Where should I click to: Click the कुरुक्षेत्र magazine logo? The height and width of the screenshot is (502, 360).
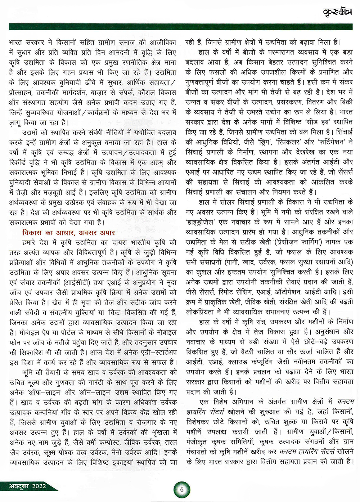click(337, 12)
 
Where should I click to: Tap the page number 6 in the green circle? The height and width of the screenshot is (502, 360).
click(182, 489)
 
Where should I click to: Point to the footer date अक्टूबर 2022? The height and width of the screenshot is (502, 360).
click(28, 486)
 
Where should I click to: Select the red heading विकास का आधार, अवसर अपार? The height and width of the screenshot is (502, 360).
click(68, 233)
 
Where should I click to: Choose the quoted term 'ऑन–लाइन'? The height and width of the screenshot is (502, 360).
click(95, 392)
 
